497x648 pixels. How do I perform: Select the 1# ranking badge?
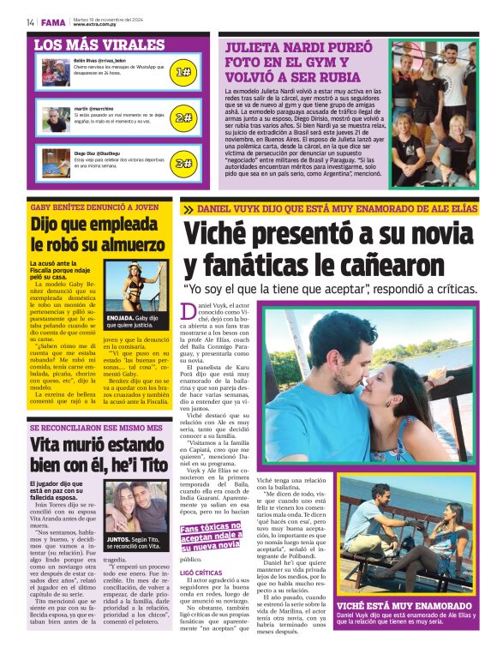[x=183, y=72]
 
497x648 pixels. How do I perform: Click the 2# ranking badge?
[x=183, y=117]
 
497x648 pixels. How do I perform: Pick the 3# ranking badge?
[x=183, y=163]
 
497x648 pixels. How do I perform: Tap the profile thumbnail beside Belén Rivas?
[x=55, y=71]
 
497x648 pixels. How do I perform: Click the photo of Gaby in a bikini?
[x=136, y=287]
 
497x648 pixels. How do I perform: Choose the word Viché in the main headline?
[x=223, y=235]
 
